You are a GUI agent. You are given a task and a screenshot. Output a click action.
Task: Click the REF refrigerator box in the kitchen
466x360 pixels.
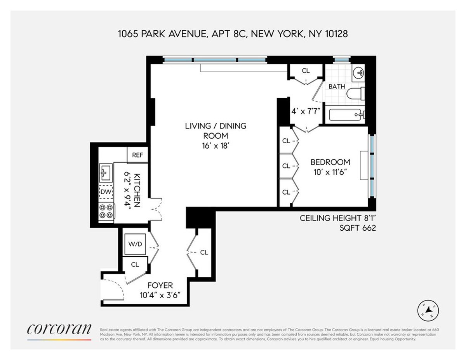coord(137,155)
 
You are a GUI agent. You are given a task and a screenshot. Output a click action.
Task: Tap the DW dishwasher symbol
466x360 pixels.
coord(106,191)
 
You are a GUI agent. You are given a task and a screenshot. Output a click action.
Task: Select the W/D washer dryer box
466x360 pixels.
coord(135,244)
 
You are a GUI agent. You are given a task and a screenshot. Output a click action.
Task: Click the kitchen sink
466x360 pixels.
coord(106,172)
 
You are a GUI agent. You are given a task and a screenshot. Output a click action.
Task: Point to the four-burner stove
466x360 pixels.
coord(106,211)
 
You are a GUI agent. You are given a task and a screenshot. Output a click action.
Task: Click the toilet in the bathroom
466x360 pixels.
coord(355,94)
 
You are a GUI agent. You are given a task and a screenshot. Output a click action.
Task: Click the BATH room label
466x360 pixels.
coord(337,87)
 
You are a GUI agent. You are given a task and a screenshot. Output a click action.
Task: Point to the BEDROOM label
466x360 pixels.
coord(330,162)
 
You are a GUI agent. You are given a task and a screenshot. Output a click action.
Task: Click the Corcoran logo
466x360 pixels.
coord(59,329)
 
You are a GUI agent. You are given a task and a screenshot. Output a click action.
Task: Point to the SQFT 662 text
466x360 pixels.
coord(358,228)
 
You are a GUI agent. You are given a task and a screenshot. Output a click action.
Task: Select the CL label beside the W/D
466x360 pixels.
coord(135,264)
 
